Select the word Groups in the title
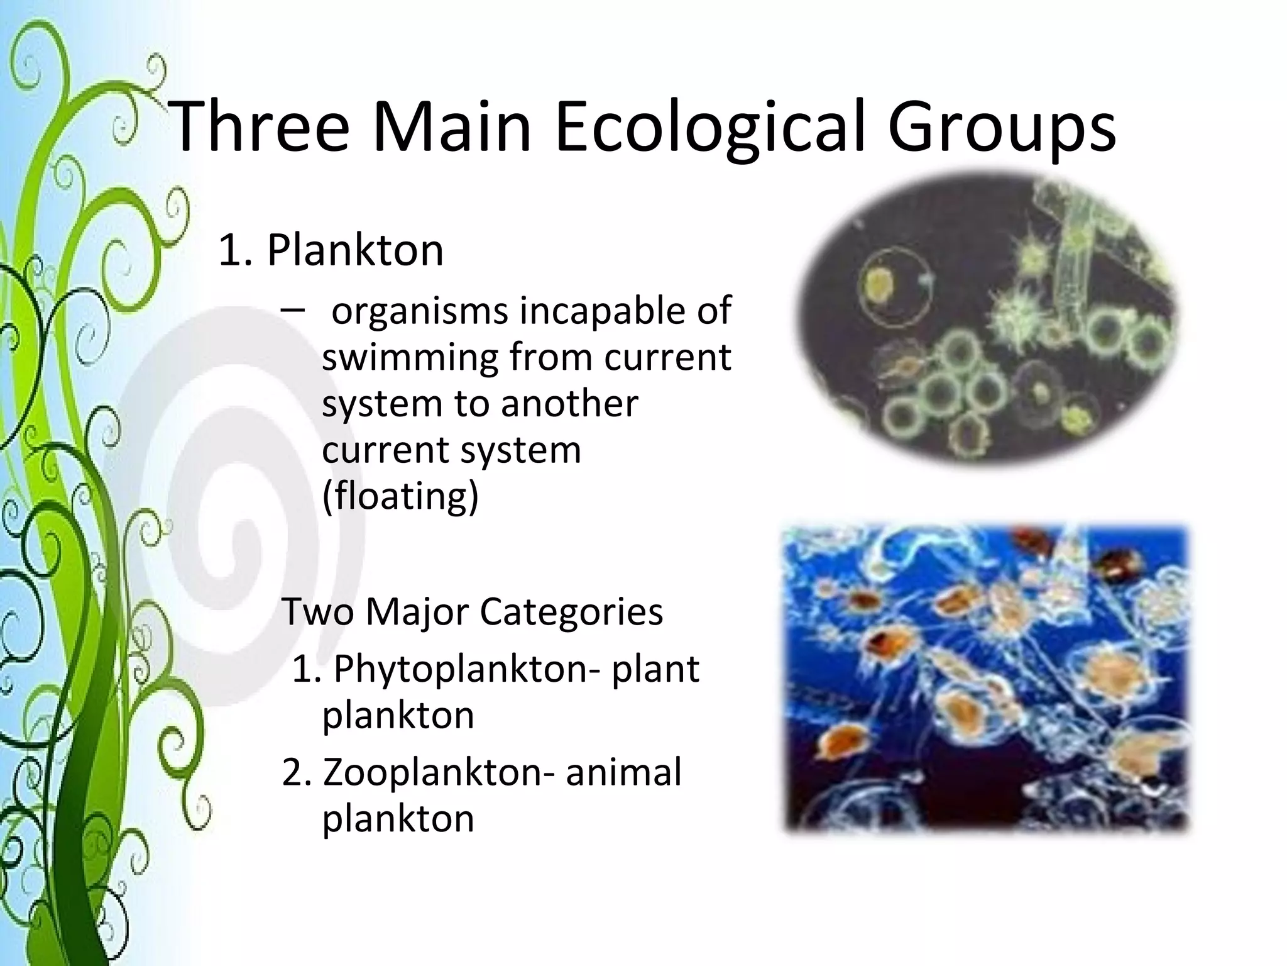pyautogui.click(x=1002, y=129)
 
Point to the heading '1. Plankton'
pyautogui.click(x=331, y=250)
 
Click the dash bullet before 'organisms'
pyautogui.click(x=293, y=309)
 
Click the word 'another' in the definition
pyautogui.click(x=569, y=404)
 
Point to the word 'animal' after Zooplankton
pyautogui.click(x=623, y=772)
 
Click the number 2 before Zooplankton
pyautogui.click(x=293, y=774)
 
